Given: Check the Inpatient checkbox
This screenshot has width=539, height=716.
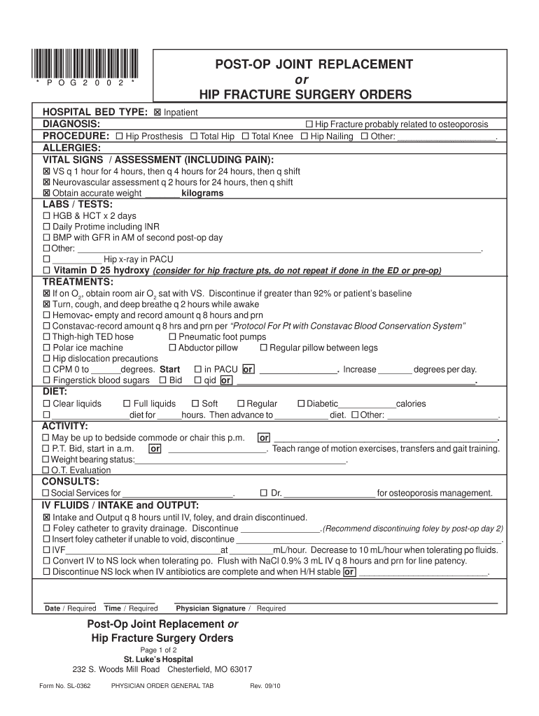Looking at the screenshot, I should coord(157,113).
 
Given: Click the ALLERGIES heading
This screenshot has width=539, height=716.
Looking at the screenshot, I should coord(72,148).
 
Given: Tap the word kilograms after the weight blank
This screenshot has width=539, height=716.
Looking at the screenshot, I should coord(202,193).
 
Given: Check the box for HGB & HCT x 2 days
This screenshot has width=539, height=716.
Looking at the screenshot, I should coord(47,216).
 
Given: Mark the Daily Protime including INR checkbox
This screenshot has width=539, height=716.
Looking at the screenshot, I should coord(47,227).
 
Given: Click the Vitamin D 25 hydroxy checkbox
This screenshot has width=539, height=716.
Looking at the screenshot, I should coord(47,271).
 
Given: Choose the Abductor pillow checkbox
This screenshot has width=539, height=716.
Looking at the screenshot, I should coord(172,348).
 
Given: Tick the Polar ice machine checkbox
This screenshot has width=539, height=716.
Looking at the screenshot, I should coord(47,348).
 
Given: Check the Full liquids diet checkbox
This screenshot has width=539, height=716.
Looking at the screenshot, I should coord(127,403).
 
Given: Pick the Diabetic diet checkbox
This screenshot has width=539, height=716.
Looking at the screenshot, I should coord(301,403).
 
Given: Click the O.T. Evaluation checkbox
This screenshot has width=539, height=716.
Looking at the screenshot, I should coord(47,471).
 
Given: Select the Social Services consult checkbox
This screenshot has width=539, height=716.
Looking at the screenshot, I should coord(47,493).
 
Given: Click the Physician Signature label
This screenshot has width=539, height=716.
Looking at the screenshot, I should coord(210,608).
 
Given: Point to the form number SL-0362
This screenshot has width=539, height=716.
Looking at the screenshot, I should coord(65,685).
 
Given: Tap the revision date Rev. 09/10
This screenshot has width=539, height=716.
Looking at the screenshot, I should coord(266,685).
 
